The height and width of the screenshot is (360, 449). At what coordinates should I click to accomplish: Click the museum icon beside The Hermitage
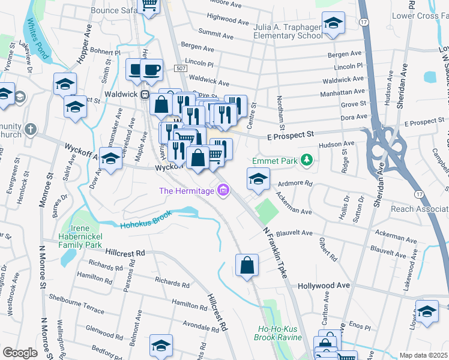tap(223, 191)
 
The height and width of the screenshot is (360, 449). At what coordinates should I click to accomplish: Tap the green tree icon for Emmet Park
tap(307, 160)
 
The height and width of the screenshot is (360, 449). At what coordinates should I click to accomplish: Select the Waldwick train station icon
tap(144, 95)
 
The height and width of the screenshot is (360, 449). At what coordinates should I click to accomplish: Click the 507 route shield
tap(181, 69)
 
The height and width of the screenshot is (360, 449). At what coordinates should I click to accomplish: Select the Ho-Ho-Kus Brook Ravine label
tap(280, 334)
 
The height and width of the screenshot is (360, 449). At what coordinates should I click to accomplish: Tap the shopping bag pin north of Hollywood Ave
tap(247, 265)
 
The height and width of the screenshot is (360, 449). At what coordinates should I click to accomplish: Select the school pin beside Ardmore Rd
tap(258, 179)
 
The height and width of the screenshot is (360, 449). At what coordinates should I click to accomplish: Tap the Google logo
tap(20, 353)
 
